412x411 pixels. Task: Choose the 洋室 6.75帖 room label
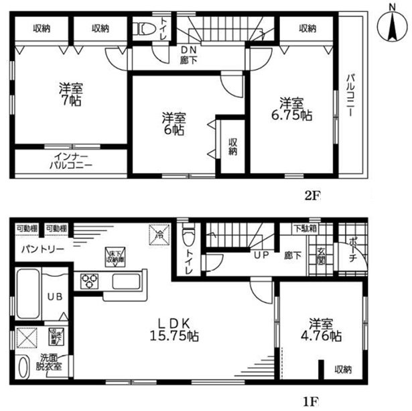click(x=294, y=109)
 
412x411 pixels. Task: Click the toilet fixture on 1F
click(x=189, y=235)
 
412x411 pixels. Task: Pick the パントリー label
click(x=42, y=249)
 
